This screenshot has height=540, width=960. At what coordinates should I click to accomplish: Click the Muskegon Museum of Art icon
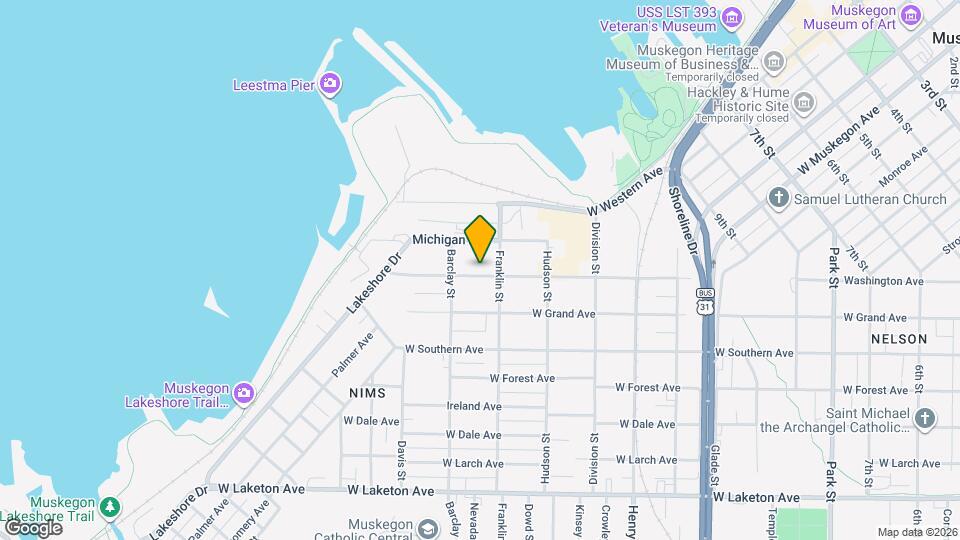point(910,15)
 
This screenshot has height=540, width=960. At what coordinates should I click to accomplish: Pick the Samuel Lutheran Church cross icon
point(779,198)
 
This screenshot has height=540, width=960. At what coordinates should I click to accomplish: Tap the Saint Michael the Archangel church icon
point(925,418)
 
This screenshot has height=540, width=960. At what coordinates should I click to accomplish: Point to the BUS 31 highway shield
point(706,299)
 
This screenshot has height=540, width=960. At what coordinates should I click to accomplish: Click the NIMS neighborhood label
point(367,393)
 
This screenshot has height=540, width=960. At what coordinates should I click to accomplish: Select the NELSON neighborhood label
point(899,339)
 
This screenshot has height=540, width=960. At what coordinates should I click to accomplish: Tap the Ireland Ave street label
point(474,406)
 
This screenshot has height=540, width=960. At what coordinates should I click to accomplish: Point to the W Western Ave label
point(625,193)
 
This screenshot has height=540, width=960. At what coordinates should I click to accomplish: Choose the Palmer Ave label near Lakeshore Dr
point(352,354)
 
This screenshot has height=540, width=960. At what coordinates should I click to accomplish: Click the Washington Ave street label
point(883,281)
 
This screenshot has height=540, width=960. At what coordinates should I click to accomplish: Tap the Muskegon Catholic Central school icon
point(428,529)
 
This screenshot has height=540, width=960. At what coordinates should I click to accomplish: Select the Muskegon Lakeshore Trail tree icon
point(108,506)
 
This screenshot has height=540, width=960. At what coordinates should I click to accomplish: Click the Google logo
point(33,527)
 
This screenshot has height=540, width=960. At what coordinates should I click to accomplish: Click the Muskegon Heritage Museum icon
point(773,63)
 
